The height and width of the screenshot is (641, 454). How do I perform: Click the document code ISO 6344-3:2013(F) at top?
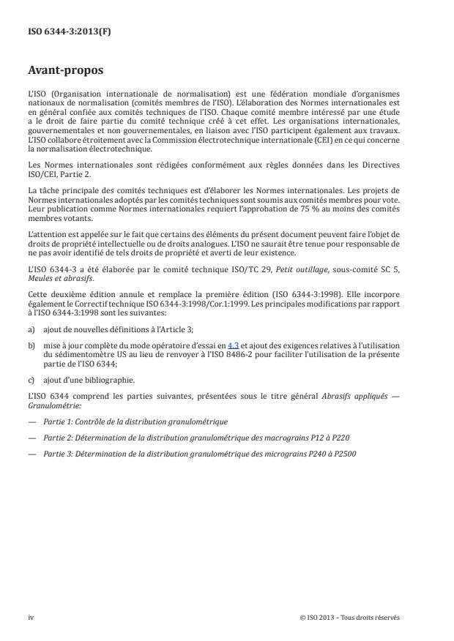[x=60, y=31]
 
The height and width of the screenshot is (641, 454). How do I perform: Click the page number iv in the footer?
[x=31, y=618]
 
